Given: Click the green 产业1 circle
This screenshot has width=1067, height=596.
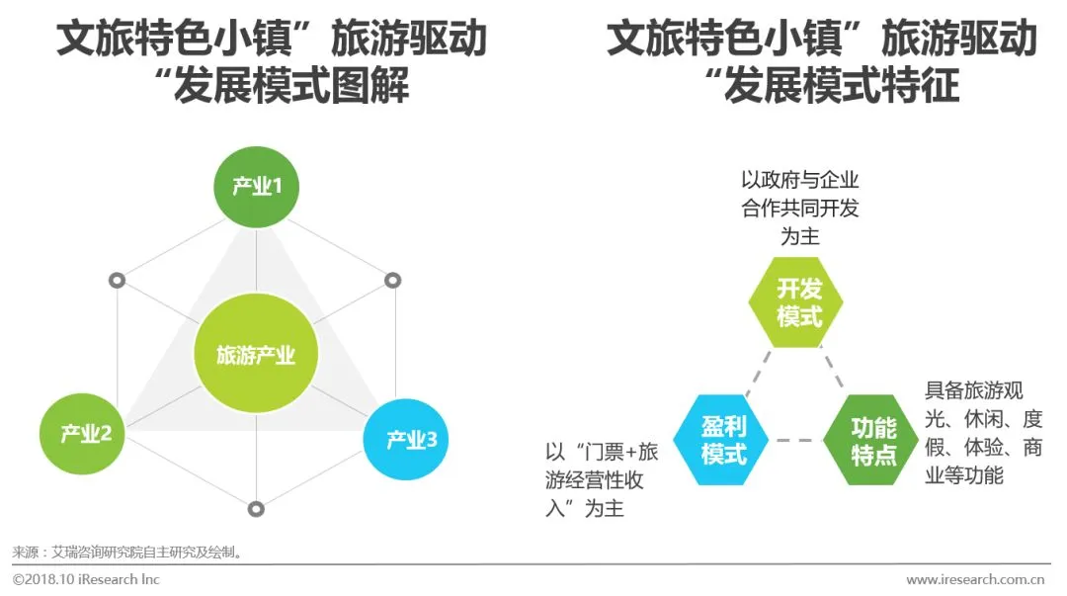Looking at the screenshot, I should [x=257, y=186].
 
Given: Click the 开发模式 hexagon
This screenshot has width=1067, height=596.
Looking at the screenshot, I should [x=799, y=302].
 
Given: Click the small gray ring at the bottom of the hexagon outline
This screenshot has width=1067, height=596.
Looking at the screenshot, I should [x=256, y=509].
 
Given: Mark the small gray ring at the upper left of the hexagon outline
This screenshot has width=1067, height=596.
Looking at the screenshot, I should [x=117, y=281].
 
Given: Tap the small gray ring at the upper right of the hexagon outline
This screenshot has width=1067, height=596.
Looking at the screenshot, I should [x=392, y=281].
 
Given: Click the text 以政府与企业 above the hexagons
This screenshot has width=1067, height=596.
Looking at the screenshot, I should [x=799, y=181].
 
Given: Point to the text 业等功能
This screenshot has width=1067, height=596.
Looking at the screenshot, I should [x=963, y=476].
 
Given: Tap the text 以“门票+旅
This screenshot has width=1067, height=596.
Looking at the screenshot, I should [x=601, y=453].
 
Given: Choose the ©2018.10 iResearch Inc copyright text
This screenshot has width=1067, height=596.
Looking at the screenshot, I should [x=87, y=579].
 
